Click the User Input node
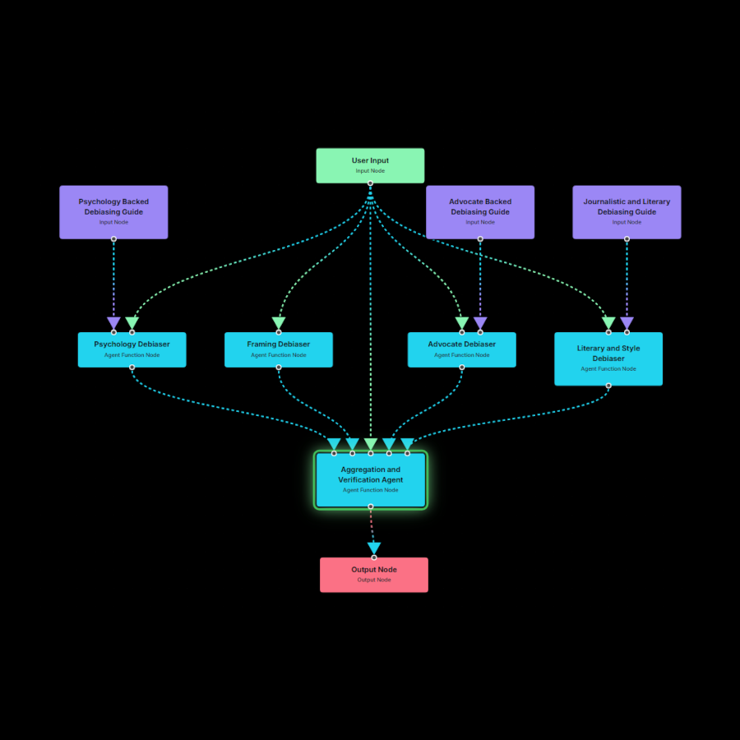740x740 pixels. tap(370, 165)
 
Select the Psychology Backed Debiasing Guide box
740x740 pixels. tap(113, 212)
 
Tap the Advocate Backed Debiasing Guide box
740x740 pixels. tap(480, 212)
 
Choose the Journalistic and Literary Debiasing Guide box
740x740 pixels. tap(627, 212)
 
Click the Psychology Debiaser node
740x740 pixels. tap(132, 349)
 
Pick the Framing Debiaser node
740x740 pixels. tap(279, 349)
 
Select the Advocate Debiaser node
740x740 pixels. tap(462, 349)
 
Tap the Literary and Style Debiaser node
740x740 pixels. tap(608, 358)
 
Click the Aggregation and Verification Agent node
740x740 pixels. tap(371, 479)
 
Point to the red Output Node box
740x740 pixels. tap(374, 575)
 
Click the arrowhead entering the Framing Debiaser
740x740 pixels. tap(279, 324)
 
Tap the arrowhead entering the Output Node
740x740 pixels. tap(374, 548)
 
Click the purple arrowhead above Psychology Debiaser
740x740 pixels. tap(113, 324)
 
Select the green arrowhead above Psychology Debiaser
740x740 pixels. tap(132, 324)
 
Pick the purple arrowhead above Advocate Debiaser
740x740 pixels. tap(480, 324)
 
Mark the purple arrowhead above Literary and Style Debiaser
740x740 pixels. tap(627, 324)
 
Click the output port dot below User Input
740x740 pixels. tap(370, 183)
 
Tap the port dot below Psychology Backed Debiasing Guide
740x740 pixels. tap(113, 239)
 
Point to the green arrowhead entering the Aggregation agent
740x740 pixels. tap(371, 445)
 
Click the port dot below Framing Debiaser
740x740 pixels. tap(279, 368)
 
